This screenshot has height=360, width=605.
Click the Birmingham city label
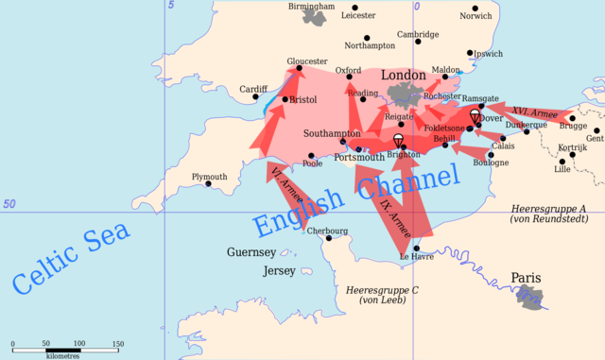coord(312,7)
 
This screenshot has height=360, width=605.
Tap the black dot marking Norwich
coord(475,8)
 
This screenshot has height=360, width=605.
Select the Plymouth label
coord(209,177)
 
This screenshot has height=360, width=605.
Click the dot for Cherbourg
coord(329,238)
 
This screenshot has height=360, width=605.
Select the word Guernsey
coord(251,252)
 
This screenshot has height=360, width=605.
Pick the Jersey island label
coord(279,270)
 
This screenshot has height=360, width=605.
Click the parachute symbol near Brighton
coord(399,140)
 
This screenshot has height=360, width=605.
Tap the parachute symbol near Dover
coord(475,116)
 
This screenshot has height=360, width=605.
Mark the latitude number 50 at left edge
coord(9,204)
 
